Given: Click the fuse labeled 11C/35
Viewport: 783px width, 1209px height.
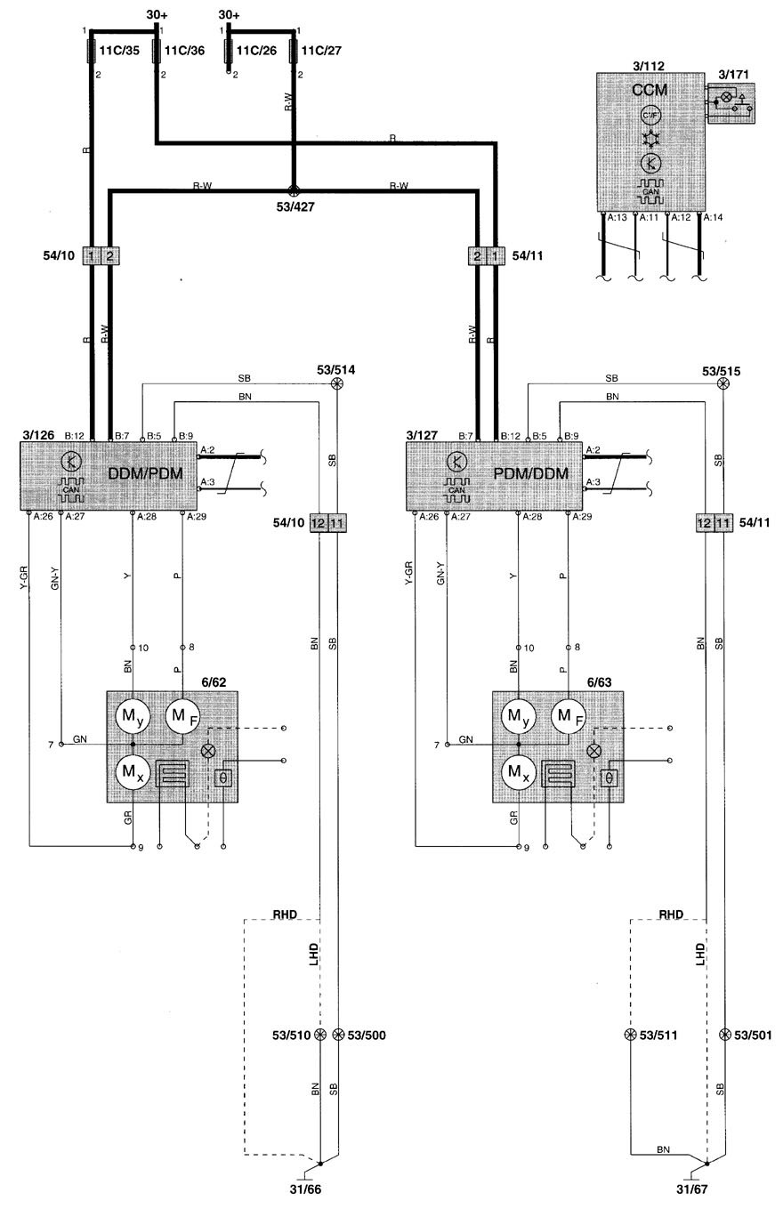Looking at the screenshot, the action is coord(92,50).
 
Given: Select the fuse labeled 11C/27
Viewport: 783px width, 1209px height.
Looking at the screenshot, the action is coord(294,50).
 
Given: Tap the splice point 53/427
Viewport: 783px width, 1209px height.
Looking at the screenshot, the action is coord(294,190).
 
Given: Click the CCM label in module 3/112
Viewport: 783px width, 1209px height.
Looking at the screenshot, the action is coord(650,90).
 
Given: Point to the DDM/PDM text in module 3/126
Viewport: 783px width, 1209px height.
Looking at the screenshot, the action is coord(145,474).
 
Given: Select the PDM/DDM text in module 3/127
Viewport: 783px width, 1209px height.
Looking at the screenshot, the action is coord(531,474).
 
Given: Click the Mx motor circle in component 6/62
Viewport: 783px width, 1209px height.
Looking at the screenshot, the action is coord(133,772).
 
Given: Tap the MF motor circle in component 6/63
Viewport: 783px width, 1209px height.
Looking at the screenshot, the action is coord(569,717).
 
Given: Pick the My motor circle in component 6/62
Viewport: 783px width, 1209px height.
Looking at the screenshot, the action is coord(133,717).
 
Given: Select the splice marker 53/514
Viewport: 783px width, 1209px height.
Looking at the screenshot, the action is coord(337,383).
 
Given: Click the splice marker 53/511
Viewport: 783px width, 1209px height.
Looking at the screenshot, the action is coord(630,1035).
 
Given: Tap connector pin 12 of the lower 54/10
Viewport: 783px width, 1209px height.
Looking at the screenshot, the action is coord(319,523).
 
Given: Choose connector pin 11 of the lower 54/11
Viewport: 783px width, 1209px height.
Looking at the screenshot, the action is coord(723,523).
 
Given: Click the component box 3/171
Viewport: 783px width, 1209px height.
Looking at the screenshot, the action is coord(731,103).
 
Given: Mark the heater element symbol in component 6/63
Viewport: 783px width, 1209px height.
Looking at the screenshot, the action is coord(558,774).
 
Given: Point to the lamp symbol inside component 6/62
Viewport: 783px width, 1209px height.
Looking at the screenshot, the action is coord(208,751).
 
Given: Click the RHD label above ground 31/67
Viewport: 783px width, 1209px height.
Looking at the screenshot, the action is coord(671,915).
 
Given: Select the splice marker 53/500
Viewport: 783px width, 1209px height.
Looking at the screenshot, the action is coord(338,1035).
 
